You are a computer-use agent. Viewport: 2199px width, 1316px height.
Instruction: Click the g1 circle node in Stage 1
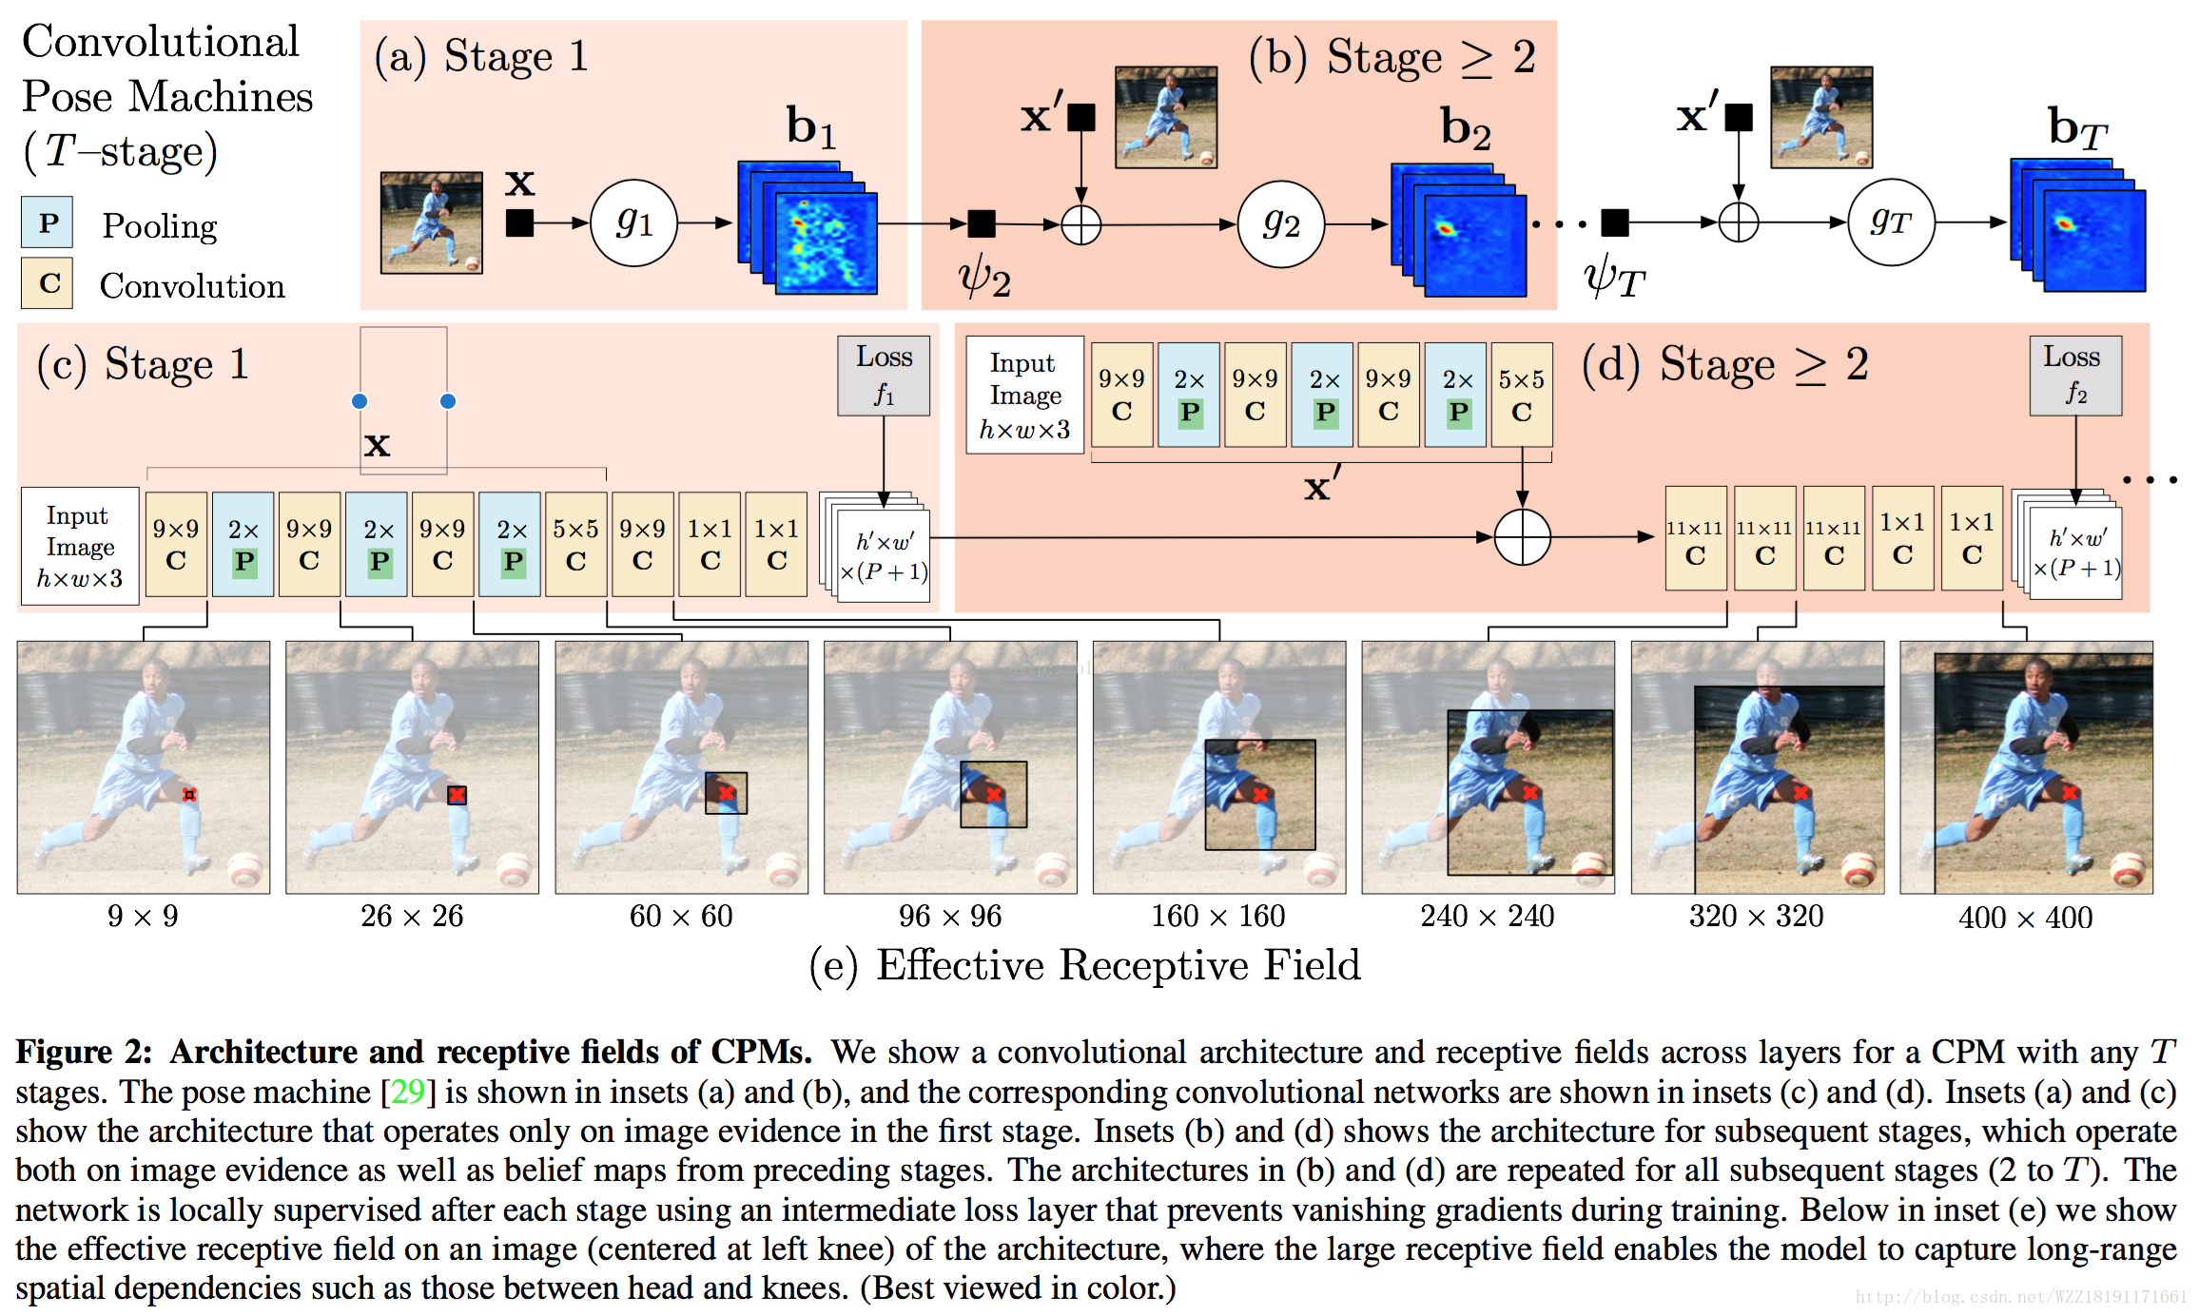(x=633, y=223)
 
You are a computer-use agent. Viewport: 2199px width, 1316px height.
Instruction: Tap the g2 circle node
(x=1280, y=223)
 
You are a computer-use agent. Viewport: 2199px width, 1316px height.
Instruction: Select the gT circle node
(x=1890, y=223)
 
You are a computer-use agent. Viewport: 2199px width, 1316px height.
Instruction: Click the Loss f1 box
(x=884, y=376)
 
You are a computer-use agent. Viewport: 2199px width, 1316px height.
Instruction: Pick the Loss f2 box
(x=2075, y=376)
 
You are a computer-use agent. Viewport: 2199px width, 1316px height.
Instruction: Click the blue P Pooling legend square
(x=48, y=223)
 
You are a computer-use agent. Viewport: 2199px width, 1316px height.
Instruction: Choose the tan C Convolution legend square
(x=48, y=283)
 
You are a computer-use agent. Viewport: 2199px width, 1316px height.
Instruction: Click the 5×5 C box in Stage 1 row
(x=575, y=544)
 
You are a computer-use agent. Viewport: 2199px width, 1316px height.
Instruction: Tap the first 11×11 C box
(x=1695, y=539)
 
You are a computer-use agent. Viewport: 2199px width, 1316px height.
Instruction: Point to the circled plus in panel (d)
(x=1522, y=537)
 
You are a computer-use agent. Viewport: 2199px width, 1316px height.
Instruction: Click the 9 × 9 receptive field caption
(x=143, y=916)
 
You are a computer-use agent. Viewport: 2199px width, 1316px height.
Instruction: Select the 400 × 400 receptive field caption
(x=2025, y=918)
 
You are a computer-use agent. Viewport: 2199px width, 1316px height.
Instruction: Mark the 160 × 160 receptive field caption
(x=1217, y=916)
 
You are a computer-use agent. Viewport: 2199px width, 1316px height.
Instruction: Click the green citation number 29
(x=408, y=1092)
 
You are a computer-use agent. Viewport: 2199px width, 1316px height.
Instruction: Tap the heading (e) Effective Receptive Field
(x=1084, y=965)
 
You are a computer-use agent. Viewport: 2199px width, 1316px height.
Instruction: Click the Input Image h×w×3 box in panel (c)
(x=80, y=547)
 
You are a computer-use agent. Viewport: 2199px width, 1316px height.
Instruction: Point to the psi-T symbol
(x=1613, y=278)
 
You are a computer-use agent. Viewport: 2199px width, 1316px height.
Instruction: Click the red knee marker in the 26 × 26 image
(x=457, y=795)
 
